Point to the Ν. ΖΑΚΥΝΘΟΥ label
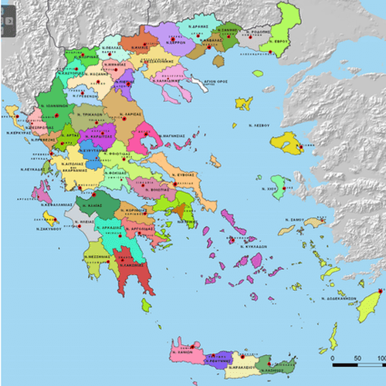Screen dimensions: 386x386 tap(49, 231)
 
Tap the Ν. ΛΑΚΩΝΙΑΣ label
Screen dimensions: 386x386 tap(137, 260)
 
